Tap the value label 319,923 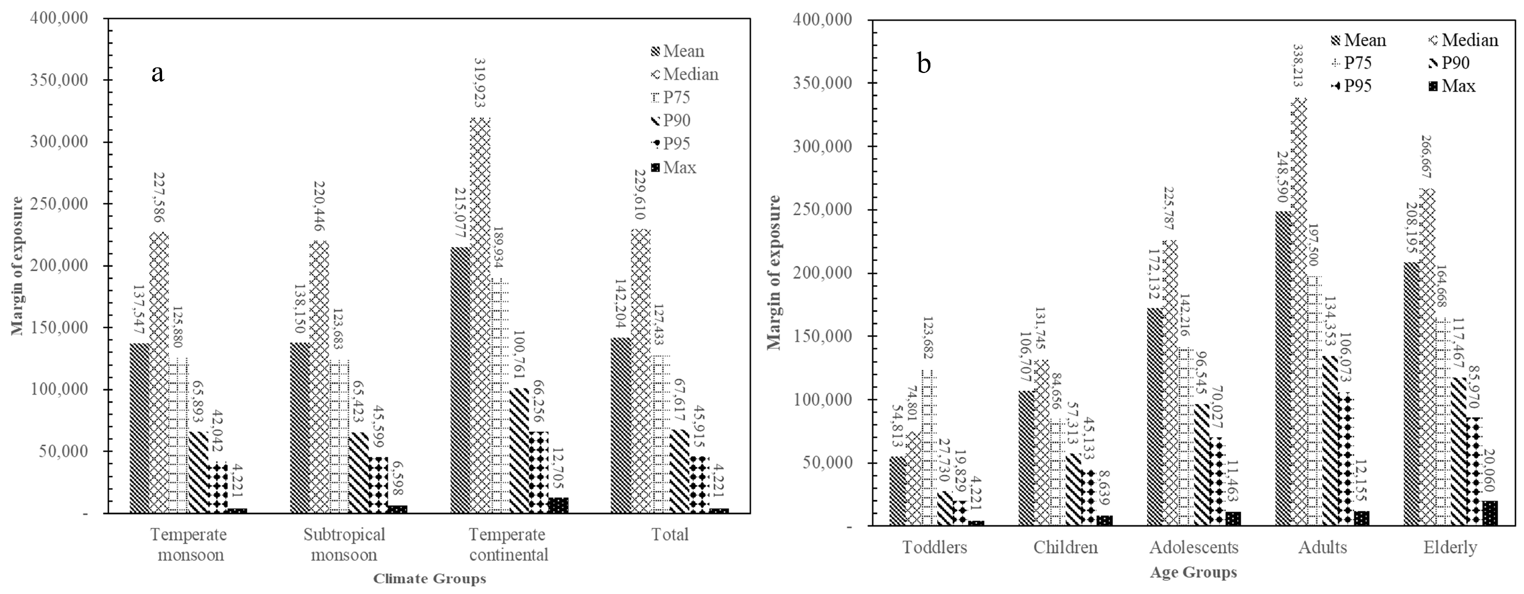point(480,83)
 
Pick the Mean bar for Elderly point(1412,394)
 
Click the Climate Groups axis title point(430,579)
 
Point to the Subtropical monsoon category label point(344,544)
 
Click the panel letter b point(924,63)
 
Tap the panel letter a point(157,73)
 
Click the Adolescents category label point(1193,547)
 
